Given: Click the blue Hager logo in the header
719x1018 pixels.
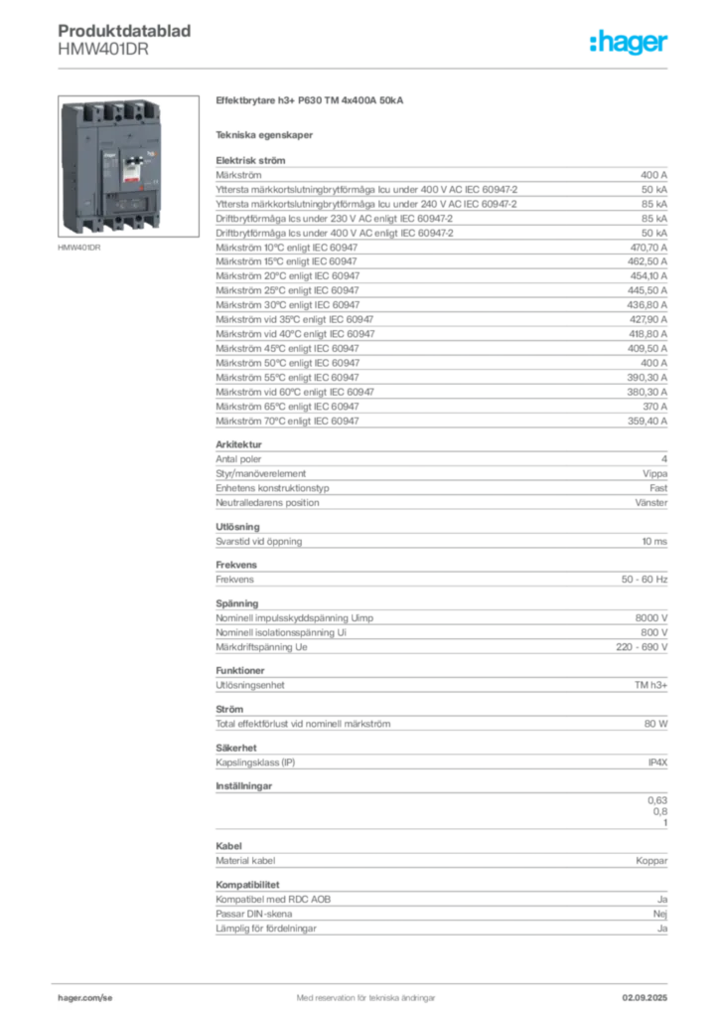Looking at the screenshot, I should click(x=631, y=43).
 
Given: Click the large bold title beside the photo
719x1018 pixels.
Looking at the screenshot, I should click(x=309, y=101).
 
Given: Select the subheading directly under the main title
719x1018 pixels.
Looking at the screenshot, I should click(x=266, y=134).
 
